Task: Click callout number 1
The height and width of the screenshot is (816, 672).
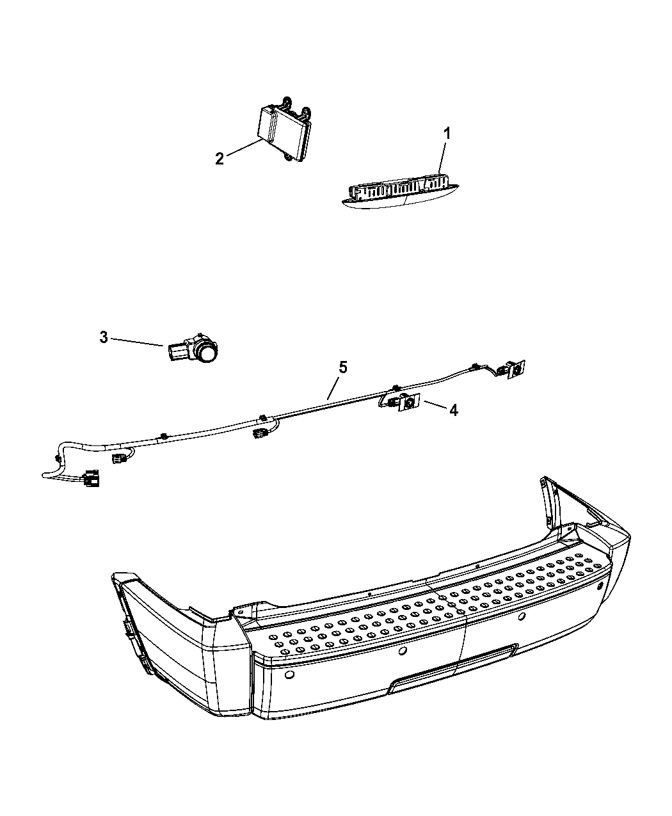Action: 447,134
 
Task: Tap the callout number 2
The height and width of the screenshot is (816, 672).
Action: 220,159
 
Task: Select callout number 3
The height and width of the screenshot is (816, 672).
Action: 104,337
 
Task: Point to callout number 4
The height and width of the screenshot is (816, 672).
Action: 453,410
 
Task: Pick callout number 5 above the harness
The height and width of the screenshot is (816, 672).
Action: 343,367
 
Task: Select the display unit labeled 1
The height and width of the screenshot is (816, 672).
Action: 394,193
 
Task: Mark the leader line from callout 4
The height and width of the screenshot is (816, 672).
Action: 432,405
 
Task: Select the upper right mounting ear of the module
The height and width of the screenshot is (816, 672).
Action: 307,112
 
